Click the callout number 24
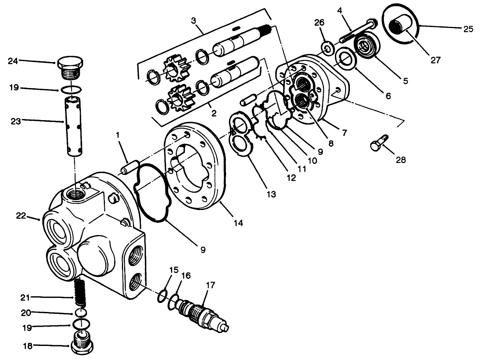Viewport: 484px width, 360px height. (14, 61)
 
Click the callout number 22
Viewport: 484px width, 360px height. (21, 215)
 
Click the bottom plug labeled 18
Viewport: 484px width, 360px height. (81, 342)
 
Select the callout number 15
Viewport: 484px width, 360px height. (174, 270)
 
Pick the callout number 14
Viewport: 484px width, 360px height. (238, 223)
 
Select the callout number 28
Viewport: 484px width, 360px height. (401, 160)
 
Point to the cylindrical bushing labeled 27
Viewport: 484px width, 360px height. (400, 27)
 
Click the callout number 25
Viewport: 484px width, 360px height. (468, 29)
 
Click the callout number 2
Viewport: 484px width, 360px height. (213, 113)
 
